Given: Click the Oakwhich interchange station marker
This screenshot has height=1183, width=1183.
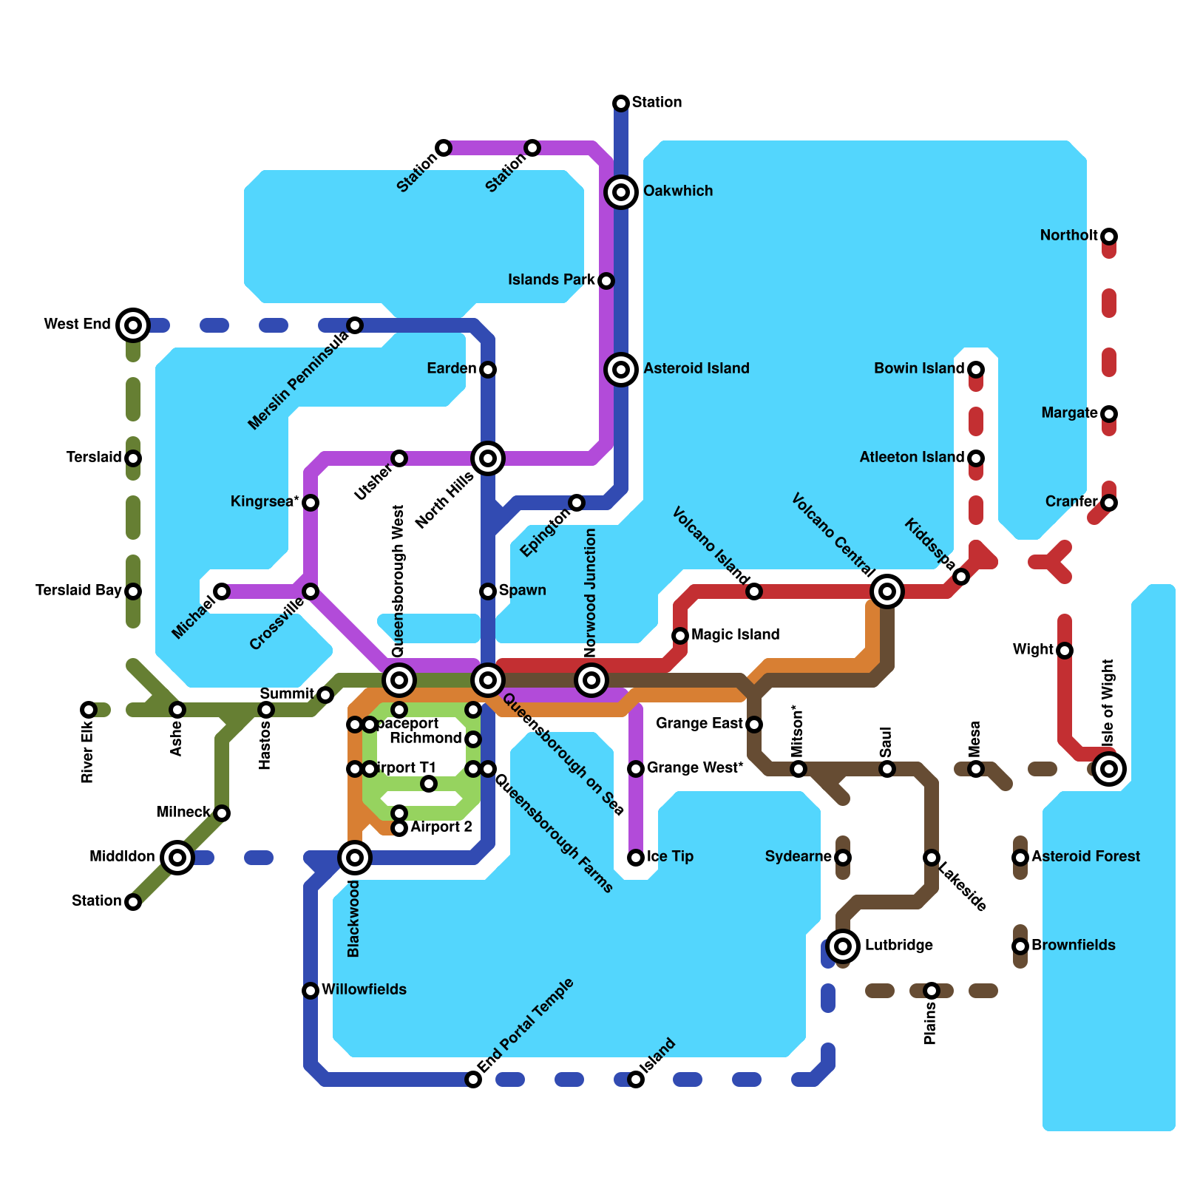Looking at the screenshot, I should coord(621,192).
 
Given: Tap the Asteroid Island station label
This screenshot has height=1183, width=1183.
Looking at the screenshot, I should coord(696,368).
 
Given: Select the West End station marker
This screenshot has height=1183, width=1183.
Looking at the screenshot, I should coord(133,325).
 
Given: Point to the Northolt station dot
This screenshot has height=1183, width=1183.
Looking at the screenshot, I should coord(1109,237).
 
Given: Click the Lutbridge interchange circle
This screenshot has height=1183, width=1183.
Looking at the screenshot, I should coord(843,946).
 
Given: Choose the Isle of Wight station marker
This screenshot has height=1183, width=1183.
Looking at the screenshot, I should coord(1109,769).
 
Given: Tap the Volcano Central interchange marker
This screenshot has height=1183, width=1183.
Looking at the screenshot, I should coord(887,591).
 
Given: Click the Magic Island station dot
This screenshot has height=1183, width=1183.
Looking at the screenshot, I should coord(680,636).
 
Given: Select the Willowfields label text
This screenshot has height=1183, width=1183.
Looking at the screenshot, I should coord(364,989).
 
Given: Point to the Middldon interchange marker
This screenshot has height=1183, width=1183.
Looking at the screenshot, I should coord(177,858).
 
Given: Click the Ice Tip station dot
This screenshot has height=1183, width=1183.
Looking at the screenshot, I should coord(636,858).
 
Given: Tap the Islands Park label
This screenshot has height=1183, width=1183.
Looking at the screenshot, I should coord(551,279).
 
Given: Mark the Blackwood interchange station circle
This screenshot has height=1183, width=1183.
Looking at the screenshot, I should coord(355,858).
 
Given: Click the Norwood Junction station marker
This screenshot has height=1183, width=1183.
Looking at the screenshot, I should coord(591,679).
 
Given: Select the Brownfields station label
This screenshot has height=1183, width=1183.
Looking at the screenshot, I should coord(1073,945).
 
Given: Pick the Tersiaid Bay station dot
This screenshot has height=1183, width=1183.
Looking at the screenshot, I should coord(133,591).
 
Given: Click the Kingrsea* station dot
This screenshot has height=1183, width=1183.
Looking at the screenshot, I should coord(311,503).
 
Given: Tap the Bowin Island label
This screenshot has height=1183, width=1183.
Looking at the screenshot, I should coord(919,368).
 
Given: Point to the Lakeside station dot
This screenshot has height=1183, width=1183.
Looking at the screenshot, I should coord(932,858).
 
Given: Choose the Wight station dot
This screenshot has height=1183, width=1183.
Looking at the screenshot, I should coord(1065,651).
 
